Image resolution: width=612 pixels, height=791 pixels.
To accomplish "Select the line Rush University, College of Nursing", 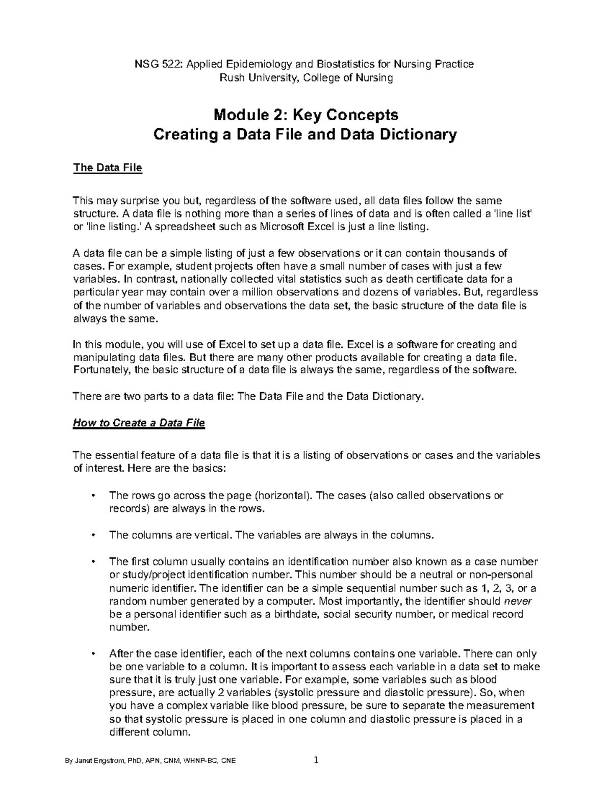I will coord(305,78).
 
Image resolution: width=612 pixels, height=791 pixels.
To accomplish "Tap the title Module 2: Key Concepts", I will coord(305,114).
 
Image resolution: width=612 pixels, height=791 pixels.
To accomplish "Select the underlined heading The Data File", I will coord(108,168).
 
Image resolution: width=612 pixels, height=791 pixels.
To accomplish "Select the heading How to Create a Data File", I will coord(139,423).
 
